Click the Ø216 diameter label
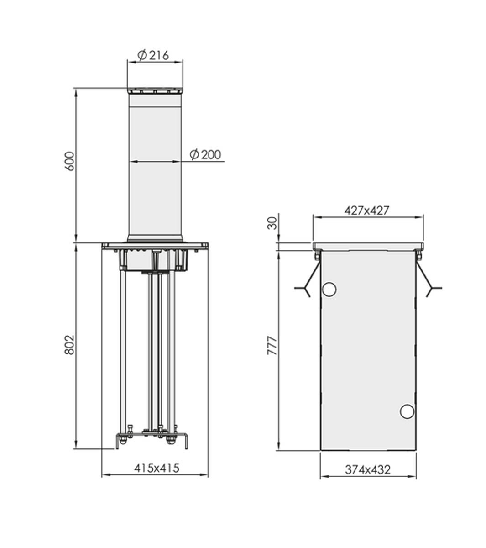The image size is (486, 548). pyautogui.click(x=153, y=55)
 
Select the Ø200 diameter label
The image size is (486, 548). pyautogui.click(x=205, y=155)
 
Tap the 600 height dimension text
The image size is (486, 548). pyautogui.click(x=70, y=161)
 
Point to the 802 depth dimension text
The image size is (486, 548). pyautogui.click(x=69, y=345)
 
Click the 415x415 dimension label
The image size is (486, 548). pyautogui.click(x=157, y=468)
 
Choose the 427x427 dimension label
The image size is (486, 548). pyautogui.click(x=367, y=211)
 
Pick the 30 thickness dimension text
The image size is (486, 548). pyautogui.click(x=272, y=223)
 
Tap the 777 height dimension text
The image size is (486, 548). pyautogui.click(x=272, y=346)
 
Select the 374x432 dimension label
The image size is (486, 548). pyautogui.click(x=368, y=470)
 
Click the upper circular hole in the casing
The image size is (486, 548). pyautogui.click(x=329, y=290)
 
